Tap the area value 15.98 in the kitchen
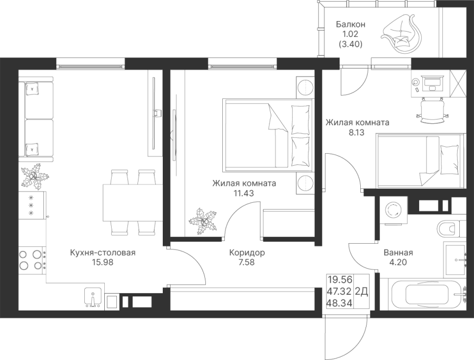(103, 263)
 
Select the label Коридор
(247, 253)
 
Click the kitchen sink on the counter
(93, 297)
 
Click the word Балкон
(350, 25)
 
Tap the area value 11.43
(244, 193)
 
